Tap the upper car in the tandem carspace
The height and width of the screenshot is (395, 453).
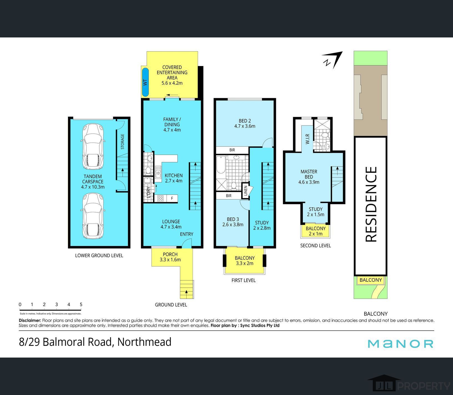tap(93, 147)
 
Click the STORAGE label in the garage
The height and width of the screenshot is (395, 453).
tap(122, 142)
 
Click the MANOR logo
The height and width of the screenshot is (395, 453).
tap(400, 344)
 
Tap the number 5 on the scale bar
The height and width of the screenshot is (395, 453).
tap(81, 305)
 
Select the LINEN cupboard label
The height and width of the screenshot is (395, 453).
tap(245, 191)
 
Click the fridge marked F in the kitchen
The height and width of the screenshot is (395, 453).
tap(172, 199)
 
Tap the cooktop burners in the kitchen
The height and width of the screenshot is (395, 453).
tap(160, 199)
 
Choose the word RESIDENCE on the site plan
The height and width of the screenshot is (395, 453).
tap(371, 204)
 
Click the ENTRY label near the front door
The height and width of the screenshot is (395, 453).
tap(187, 234)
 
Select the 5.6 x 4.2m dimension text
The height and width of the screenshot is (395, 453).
tap(172, 83)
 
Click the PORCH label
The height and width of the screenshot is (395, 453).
tap(170, 254)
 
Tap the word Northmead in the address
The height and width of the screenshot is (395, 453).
tap(144, 342)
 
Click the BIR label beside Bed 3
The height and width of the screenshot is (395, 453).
tap(229, 196)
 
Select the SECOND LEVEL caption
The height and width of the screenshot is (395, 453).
tap(316, 245)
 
